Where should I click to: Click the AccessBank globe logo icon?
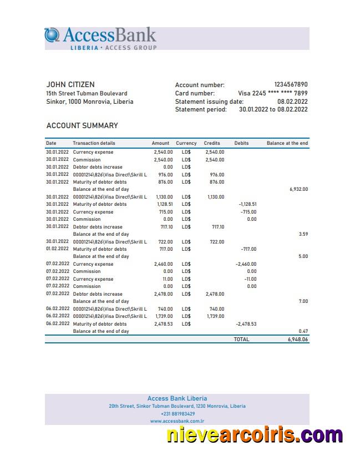(52, 35)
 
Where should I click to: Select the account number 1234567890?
(291, 85)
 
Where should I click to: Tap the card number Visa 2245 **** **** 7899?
(272, 93)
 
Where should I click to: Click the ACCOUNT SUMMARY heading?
(82, 126)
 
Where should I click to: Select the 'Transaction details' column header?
(94, 143)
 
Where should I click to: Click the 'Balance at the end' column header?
(287, 143)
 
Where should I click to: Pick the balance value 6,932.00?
(298, 189)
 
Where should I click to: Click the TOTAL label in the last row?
(241, 339)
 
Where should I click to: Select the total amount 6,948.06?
(297, 339)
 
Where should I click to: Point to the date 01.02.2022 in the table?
(58, 249)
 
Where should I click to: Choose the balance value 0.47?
(303, 331)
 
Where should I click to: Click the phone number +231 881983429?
(178, 414)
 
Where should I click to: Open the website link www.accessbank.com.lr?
(178, 421)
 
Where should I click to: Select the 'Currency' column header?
(186, 143)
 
